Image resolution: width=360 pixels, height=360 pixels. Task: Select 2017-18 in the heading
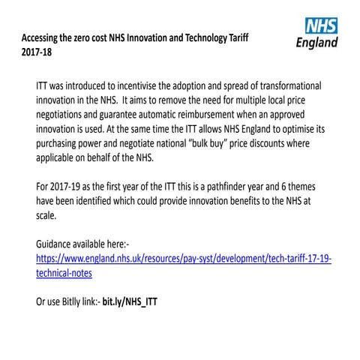(x=37, y=52)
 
